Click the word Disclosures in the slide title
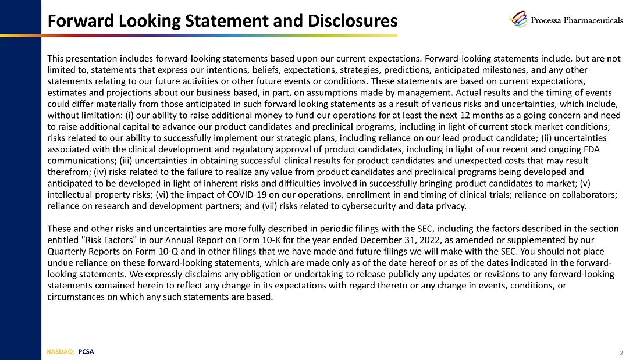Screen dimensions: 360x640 [x=347, y=22]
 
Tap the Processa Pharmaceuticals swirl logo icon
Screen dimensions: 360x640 [x=518, y=19]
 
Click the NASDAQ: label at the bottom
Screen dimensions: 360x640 [x=61, y=351]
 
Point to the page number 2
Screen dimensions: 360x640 [x=622, y=352]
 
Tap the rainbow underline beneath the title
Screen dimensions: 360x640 [x=222, y=35]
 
